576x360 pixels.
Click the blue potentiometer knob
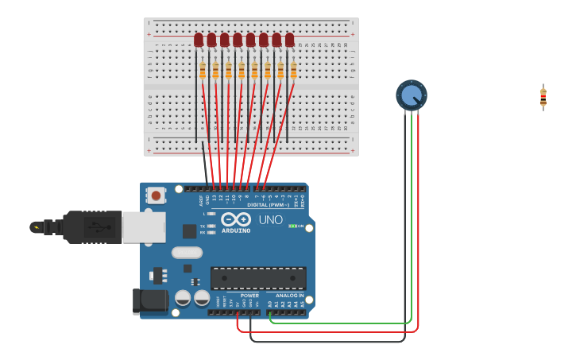point(411,95)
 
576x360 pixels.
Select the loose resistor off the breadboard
point(543,97)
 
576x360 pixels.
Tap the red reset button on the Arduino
point(156,195)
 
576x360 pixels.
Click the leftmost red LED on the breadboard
point(199,40)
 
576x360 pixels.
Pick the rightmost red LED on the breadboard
point(289,40)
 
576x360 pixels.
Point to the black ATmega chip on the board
point(258,278)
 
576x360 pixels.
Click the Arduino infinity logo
point(236,219)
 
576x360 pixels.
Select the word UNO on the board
point(270,220)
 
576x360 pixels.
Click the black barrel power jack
point(151,301)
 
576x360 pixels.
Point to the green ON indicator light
point(292,226)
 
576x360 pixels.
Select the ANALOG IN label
point(289,296)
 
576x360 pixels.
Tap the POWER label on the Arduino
point(249,296)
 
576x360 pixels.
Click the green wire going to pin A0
point(342,323)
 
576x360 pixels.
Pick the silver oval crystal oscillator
point(187,253)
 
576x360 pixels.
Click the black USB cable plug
point(91,227)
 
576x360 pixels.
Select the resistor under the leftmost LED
point(203,71)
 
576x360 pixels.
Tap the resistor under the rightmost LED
point(293,71)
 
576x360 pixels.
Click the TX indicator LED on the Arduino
point(211,226)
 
